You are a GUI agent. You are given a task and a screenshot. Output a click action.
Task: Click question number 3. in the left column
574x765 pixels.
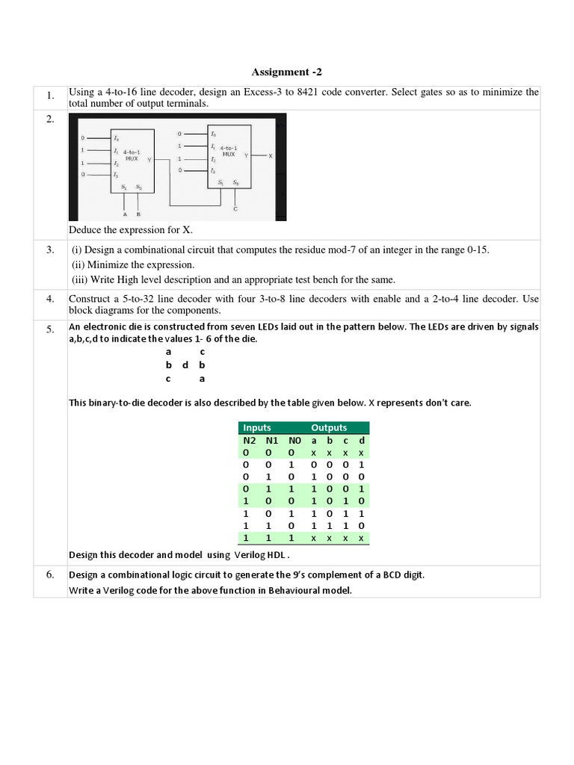[50, 250]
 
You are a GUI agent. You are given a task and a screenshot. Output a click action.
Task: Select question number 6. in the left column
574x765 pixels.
[50, 574]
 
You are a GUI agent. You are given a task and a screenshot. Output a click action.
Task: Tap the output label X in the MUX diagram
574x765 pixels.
[271, 155]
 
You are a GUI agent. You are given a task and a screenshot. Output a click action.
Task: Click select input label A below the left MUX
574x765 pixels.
[125, 214]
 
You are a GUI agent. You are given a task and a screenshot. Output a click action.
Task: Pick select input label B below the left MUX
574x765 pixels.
[138, 214]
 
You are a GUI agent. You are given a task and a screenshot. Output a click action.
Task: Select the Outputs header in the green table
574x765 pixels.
[329, 427]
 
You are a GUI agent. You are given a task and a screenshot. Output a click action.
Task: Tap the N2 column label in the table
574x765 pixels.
[246, 440]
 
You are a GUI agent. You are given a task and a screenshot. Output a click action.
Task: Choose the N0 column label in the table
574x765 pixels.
[294, 440]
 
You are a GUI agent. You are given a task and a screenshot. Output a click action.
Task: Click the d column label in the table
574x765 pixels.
[361, 440]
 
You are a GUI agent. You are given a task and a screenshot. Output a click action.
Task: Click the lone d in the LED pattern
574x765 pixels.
[185, 365]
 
